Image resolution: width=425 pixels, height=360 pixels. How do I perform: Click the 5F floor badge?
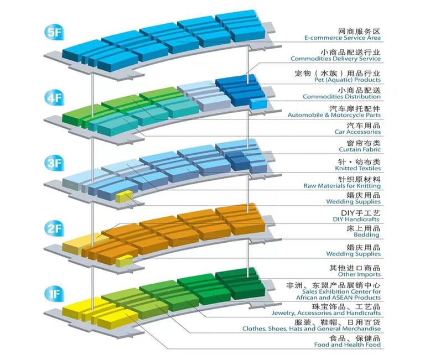coord(54,33)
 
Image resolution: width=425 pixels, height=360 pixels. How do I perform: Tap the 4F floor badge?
coord(54,98)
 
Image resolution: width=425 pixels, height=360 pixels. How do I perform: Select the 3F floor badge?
coord(54,163)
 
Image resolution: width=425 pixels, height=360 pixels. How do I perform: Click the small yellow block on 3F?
coord(124,196)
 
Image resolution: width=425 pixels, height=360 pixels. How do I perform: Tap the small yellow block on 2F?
coord(124,261)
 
